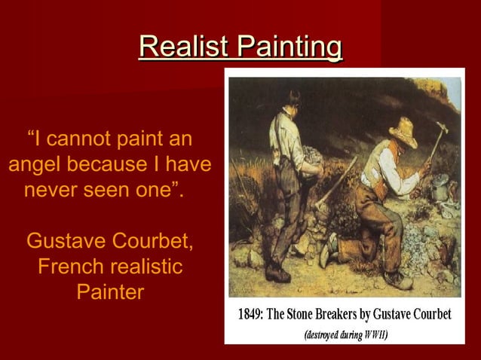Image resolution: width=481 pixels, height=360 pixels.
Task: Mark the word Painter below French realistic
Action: [110, 291]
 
